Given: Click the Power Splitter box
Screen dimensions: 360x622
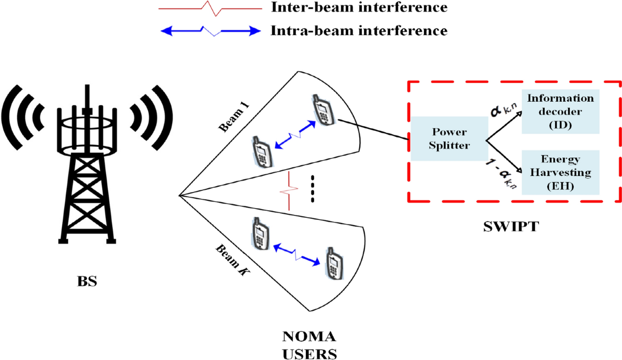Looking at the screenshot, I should pos(449,139).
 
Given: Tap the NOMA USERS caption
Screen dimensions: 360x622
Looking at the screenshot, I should pos(309,345).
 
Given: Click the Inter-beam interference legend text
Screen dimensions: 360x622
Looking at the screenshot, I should pos(358,8).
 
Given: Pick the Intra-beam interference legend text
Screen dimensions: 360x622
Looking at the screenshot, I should pos(358,31).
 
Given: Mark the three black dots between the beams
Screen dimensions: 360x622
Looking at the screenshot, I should pos(312,190).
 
